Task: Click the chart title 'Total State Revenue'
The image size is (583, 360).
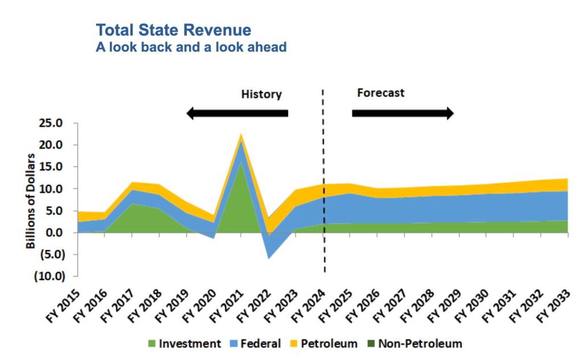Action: coord(173,30)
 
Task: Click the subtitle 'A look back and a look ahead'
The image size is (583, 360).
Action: coord(191,47)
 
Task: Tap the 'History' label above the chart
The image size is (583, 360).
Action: coord(261,94)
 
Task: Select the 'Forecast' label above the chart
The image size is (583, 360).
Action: coord(380,92)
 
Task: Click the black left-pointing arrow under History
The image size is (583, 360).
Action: coord(237,113)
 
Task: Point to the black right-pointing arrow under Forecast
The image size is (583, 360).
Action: coord(403,113)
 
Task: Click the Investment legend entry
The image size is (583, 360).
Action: coord(184,343)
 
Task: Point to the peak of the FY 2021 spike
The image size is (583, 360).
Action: coord(241,134)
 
